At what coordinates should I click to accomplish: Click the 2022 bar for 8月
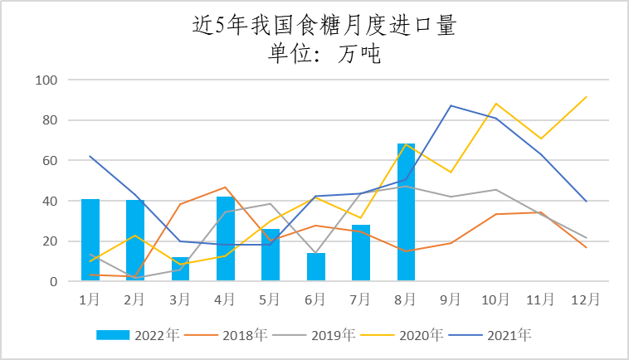(406, 212)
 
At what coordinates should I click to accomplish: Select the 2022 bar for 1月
(90, 241)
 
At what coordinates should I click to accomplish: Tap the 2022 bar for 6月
(316, 267)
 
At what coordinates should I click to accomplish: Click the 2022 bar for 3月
(181, 270)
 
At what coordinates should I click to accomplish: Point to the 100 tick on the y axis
(46, 80)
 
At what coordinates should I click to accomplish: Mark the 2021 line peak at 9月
(451, 105)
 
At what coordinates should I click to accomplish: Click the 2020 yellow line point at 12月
(586, 97)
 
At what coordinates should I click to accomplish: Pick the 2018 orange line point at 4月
(226, 187)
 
